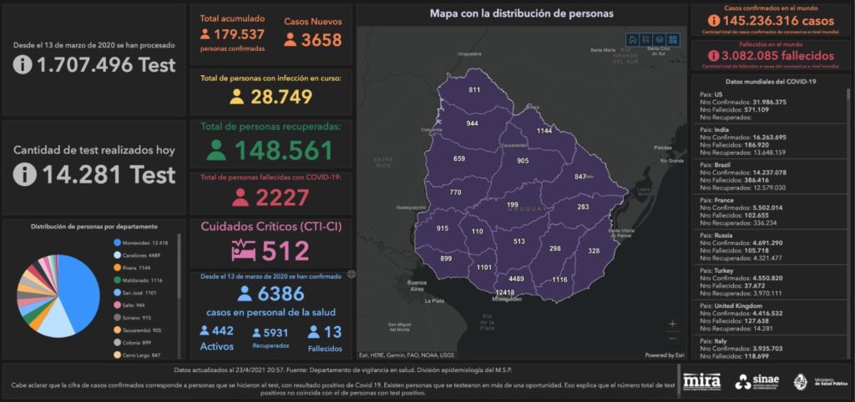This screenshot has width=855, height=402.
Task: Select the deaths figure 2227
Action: click(282, 198)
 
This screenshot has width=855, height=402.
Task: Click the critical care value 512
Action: click(286, 251)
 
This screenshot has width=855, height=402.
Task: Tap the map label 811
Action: click(474, 90)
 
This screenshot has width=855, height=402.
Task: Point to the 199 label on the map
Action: click(513, 204)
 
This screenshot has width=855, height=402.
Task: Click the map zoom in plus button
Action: click(673, 324)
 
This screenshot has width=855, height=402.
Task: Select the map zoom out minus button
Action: click(673, 338)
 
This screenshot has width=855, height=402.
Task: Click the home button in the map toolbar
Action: click(632, 39)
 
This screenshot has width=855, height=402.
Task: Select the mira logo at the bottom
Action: click(701, 381)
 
